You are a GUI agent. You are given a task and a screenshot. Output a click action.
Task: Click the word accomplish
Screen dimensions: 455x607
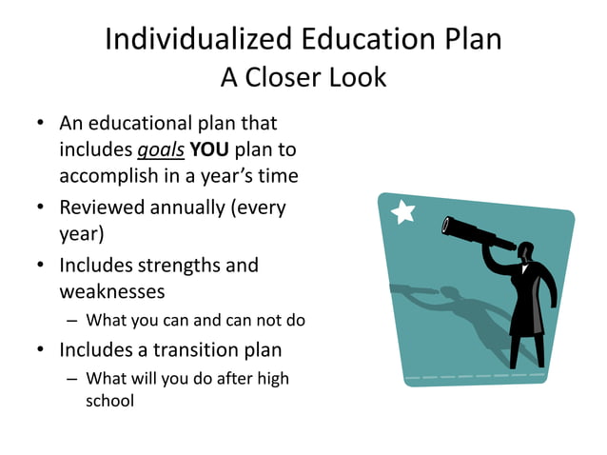tap(110, 176)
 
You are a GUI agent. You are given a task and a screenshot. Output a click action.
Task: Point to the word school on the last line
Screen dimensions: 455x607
tap(109, 401)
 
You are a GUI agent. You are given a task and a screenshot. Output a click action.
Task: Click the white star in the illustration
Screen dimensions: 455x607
tap(403, 211)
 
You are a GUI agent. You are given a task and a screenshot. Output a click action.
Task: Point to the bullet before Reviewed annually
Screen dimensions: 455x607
tap(41, 208)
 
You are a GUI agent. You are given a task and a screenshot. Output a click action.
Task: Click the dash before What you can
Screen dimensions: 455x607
tap(72, 320)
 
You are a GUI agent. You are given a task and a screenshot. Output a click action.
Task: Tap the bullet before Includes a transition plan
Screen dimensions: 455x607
tap(41, 350)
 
